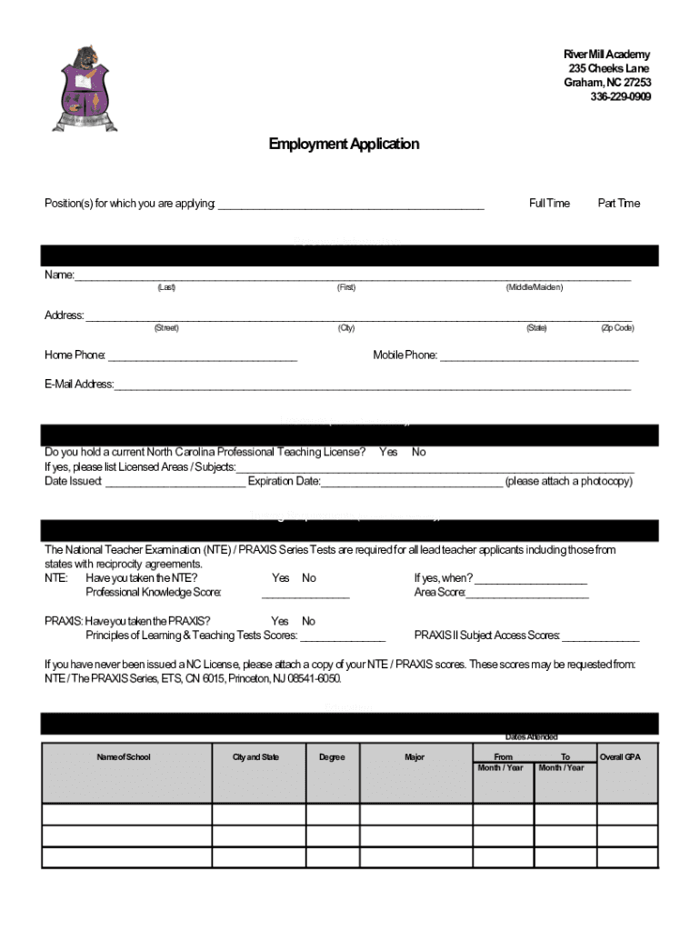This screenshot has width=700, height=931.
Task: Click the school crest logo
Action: tap(87, 88)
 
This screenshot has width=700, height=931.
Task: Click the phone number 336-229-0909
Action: tap(620, 97)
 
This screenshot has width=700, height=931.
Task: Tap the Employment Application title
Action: tap(344, 144)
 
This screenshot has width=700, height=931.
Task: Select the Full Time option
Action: tap(549, 203)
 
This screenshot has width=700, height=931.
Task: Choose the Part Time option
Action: tap(618, 203)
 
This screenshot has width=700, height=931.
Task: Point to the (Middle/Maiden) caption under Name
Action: tap(535, 287)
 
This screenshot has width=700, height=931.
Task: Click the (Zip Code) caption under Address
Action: tap(617, 328)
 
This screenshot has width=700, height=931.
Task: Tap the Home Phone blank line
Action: tap(202, 358)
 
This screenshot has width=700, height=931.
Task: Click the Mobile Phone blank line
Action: tap(539, 358)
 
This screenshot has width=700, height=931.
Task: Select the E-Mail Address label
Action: tap(79, 384)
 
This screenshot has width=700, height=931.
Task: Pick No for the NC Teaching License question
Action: tap(419, 452)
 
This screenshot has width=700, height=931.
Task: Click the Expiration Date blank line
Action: tap(411, 484)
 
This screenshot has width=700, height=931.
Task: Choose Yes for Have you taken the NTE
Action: tap(280, 577)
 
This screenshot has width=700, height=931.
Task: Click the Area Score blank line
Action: tap(527, 596)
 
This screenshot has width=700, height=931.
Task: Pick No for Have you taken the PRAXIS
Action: tap(308, 621)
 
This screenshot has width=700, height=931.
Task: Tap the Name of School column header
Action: tap(124, 757)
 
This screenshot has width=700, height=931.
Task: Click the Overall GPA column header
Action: tap(620, 756)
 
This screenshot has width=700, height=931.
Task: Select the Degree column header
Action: tap(332, 757)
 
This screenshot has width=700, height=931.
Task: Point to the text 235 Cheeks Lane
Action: tap(608, 69)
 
